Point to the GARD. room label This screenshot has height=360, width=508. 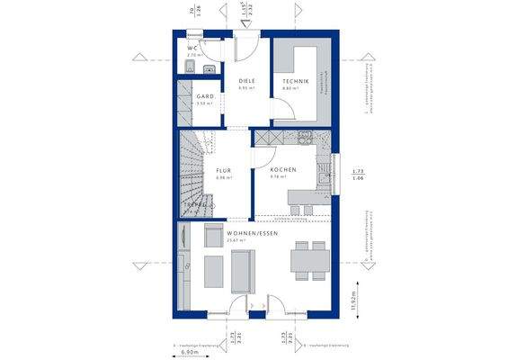203,98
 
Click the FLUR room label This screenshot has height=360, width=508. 223,170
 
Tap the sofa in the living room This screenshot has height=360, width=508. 243,271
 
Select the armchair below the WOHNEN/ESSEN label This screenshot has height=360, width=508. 214,236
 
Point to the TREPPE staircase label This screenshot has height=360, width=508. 195,205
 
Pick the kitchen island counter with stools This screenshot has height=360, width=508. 310,195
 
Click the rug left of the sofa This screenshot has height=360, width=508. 215,270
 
